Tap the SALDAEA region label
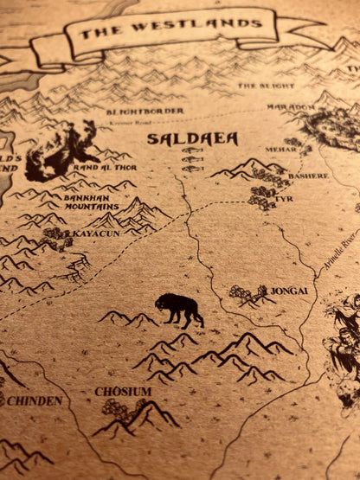(x=180, y=138)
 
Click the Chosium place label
(x=123, y=392)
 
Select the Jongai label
(x=289, y=291)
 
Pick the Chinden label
(x=35, y=400)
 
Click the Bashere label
(x=308, y=176)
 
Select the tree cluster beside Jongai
(x=247, y=294)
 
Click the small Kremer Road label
(x=126, y=123)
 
